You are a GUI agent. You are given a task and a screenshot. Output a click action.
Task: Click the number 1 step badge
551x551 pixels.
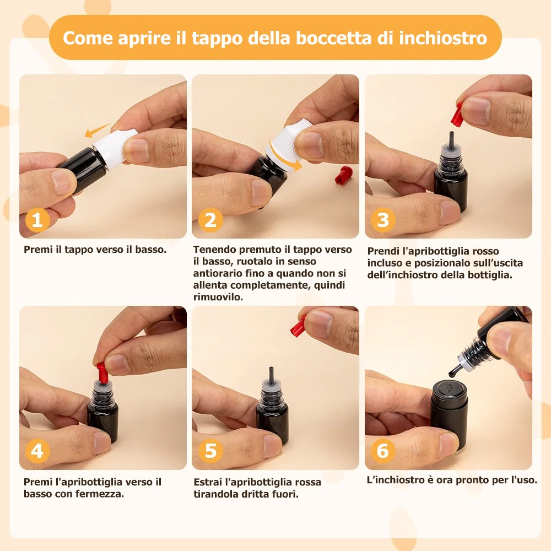pyautogui.click(x=37, y=220)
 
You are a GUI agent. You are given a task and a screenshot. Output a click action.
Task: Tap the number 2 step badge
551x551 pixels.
pyautogui.click(x=210, y=220)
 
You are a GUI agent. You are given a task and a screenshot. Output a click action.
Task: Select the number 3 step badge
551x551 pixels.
pyautogui.click(x=383, y=220)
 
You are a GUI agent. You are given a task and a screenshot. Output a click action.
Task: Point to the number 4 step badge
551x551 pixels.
pyautogui.click(x=37, y=451)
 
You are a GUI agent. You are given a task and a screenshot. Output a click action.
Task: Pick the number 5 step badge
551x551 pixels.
pyautogui.click(x=210, y=451)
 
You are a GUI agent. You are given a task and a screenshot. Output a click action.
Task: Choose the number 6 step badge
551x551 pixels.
pyautogui.click(x=383, y=451)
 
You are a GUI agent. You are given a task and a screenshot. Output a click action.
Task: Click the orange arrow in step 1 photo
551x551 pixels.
pyautogui.click(x=97, y=130)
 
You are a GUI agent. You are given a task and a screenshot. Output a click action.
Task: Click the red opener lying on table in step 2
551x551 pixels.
pyautogui.click(x=343, y=175)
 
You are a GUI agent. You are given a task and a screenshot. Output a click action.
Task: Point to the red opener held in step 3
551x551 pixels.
pyautogui.click(x=456, y=115)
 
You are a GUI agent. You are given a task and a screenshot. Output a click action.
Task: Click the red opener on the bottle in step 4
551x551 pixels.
pyautogui.click(x=101, y=374)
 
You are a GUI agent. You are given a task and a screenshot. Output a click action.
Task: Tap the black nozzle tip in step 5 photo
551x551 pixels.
pyautogui.click(x=271, y=374)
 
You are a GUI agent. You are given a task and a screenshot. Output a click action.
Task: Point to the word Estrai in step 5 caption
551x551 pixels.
pyautogui.click(x=208, y=482)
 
